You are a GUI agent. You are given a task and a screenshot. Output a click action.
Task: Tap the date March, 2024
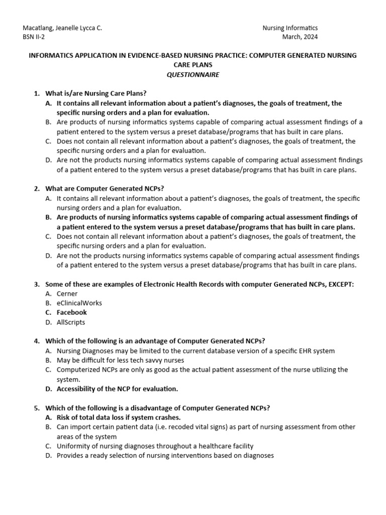coord(301,37)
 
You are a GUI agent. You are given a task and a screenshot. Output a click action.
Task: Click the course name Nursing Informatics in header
coord(291,28)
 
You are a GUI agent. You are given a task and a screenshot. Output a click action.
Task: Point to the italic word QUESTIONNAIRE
coord(193,74)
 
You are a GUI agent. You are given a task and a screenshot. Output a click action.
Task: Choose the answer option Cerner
coord(67,294)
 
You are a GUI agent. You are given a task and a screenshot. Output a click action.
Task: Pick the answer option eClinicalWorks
coord(79,303)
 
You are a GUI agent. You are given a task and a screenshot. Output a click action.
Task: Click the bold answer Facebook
coord(71,313)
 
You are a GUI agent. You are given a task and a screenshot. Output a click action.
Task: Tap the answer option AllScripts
coord(71,322)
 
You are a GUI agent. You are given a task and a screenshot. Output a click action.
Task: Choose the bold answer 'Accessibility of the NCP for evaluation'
coord(117,389)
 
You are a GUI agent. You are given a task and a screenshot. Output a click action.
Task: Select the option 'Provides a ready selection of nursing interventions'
coord(165,456)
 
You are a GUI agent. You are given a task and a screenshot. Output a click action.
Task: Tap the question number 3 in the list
coord(37,284)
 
